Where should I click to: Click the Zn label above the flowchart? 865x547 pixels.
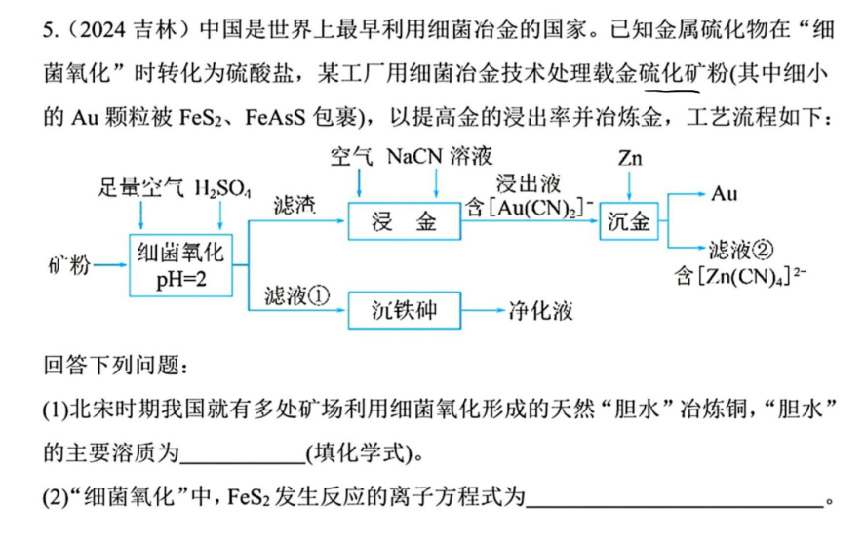[630, 158]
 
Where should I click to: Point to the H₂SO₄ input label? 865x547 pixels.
[222, 188]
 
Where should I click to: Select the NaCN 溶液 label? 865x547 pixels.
[439, 156]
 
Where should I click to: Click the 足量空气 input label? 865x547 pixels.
[140, 188]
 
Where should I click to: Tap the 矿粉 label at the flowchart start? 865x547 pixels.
[69, 265]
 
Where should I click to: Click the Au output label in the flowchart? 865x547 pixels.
[724, 193]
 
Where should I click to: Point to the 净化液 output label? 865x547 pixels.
[540, 311]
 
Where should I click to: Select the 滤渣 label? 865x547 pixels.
[295, 205]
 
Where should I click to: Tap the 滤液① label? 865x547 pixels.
[296, 296]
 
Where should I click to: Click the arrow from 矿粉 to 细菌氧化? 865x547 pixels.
[110, 265]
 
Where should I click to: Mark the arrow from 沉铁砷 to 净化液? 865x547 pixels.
[484, 310]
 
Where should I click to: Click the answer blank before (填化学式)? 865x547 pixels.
[243, 462]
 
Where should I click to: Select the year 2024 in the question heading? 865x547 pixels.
[102, 29]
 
